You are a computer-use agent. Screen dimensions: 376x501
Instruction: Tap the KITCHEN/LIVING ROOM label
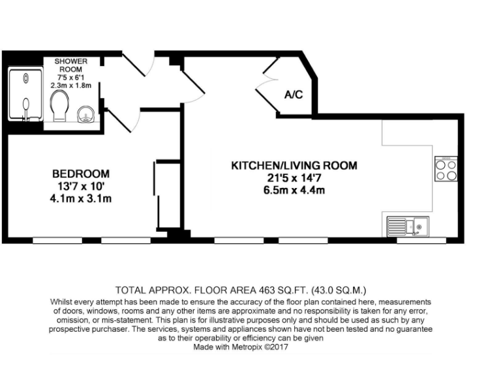(294, 166)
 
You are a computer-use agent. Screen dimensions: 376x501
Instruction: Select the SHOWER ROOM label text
(70, 65)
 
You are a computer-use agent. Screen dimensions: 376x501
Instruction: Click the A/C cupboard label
(294, 95)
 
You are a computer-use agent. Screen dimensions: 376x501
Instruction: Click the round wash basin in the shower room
(84, 116)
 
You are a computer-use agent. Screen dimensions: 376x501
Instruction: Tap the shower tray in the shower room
(25, 96)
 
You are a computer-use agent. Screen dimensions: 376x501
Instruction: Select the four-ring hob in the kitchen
(446, 169)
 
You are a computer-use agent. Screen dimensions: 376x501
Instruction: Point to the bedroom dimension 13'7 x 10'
(81, 187)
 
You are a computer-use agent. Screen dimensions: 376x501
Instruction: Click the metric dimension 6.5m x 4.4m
(294, 191)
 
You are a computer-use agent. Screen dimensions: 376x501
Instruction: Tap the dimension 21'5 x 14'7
(294, 178)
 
